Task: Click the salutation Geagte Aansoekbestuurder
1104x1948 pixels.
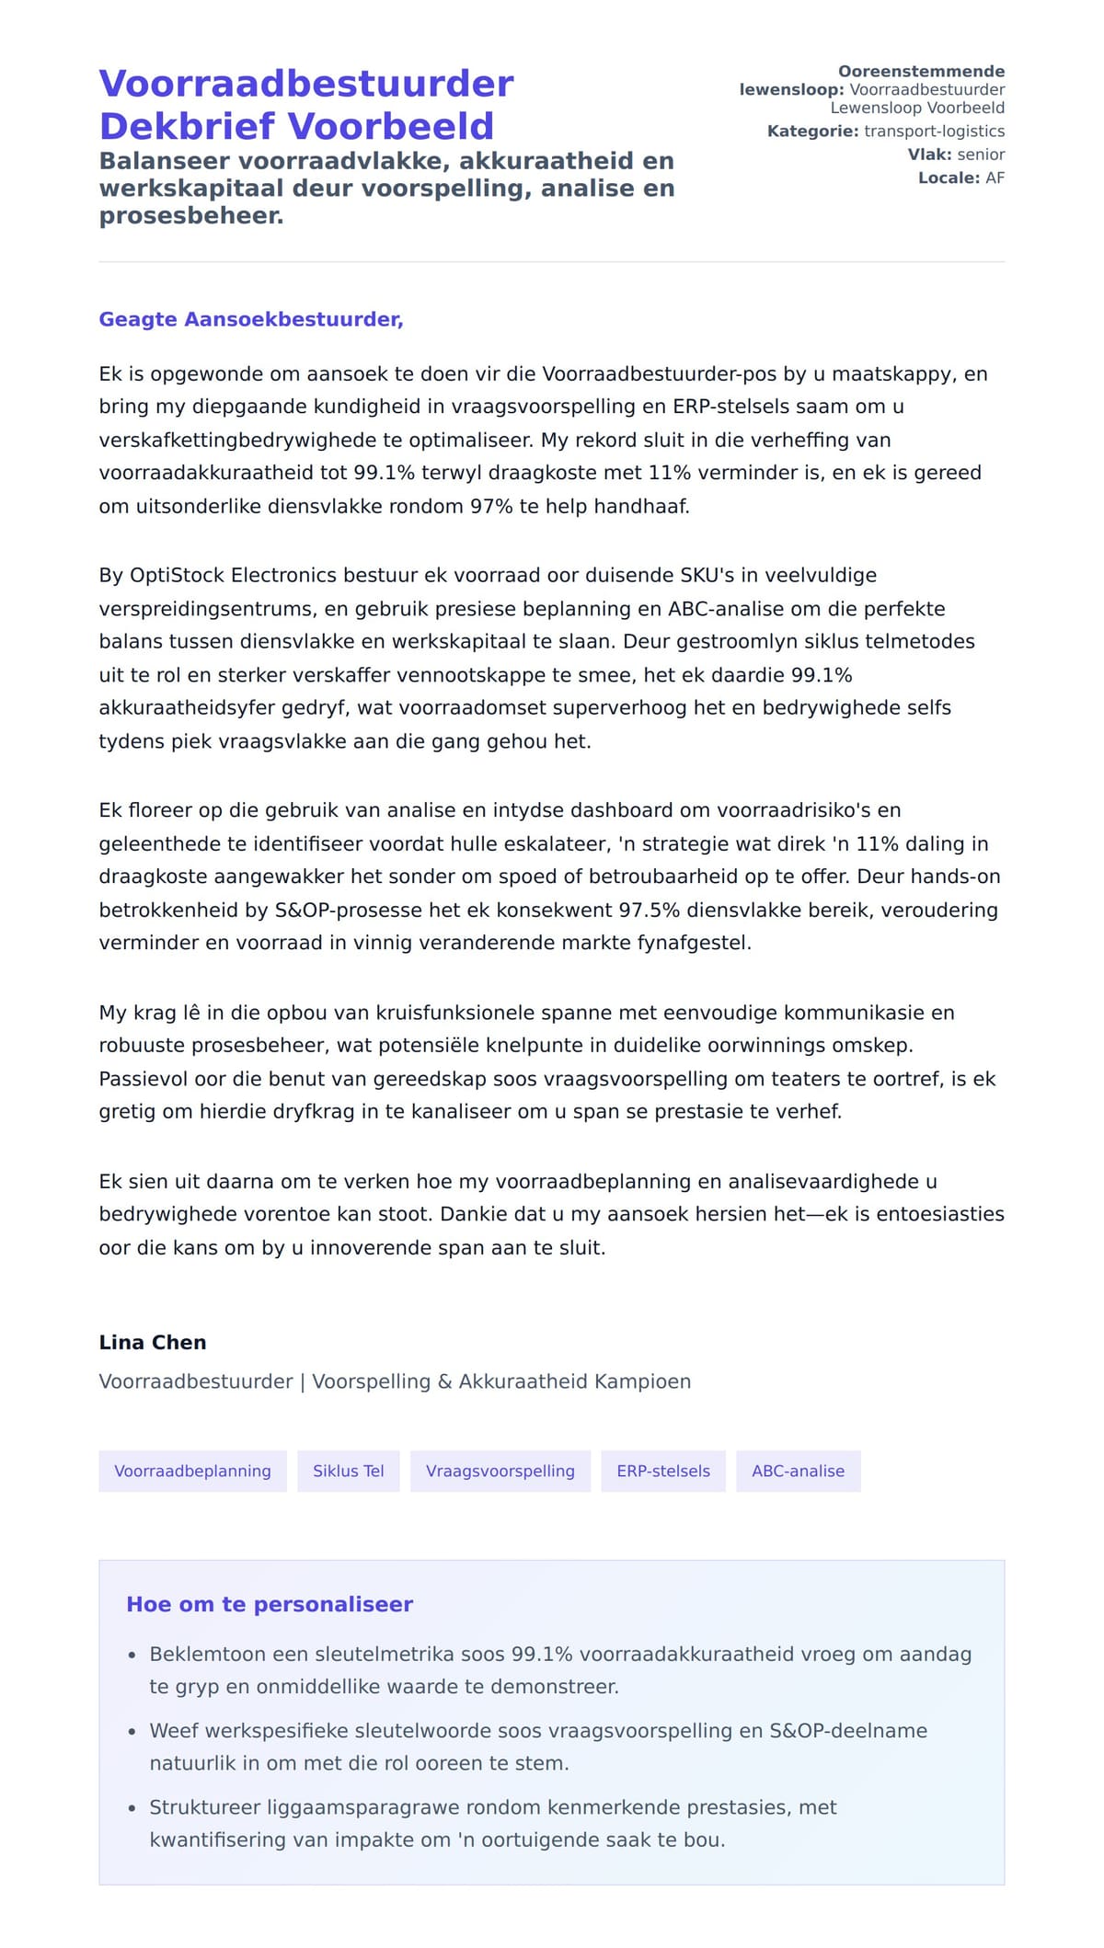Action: coord(250,319)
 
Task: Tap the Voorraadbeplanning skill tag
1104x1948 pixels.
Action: coord(192,1471)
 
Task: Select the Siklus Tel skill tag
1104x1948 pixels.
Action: coord(348,1471)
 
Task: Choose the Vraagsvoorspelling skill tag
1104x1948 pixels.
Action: coord(500,1471)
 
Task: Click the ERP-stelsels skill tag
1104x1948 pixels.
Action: coord(662,1471)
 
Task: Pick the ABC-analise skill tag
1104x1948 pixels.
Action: coord(798,1471)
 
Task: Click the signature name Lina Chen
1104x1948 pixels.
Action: coord(153,1342)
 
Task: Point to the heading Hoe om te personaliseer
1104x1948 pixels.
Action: coord(270,1604)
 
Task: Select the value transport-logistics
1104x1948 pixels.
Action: coord(934,132)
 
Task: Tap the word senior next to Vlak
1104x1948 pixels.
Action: coord(981,155)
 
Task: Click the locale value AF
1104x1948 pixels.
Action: coord(995,178)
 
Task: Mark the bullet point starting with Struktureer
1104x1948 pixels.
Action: coord(493,1807)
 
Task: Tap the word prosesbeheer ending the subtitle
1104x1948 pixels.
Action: coord(190,215)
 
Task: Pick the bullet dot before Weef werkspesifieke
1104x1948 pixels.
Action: coord(132,1732)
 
